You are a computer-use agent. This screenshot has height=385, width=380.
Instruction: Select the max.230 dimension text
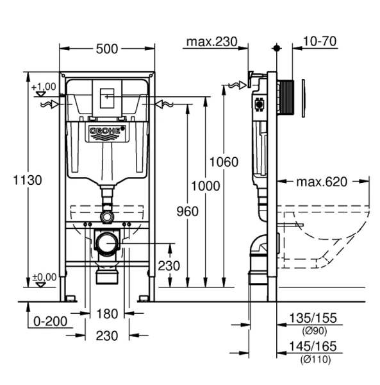(211, 42)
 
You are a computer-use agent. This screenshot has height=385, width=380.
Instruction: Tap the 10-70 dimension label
(320, 42)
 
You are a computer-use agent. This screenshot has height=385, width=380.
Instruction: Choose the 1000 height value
(206, 186)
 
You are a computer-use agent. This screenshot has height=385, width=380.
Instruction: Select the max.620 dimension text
(321, 182)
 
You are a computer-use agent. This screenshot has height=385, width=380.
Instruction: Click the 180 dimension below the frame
(107, 314)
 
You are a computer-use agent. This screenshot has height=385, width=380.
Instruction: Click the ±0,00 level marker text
(44, 277)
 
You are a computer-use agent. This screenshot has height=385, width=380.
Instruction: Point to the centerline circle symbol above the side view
(276, 48)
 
